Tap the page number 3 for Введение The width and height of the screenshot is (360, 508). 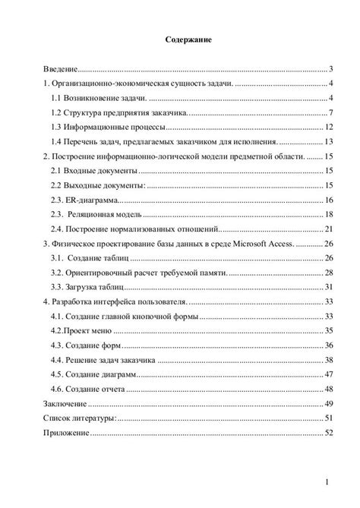pyautogui.click(x=332, y=68)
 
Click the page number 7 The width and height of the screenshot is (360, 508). pyautogui.click(x=332, y=113)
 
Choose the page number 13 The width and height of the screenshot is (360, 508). pyautogui.click(x=329, y=141)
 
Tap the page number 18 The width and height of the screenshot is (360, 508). pyautogui.click(x=329, y=200)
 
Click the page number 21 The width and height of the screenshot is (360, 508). pyautogui.click(x=329, y=229)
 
